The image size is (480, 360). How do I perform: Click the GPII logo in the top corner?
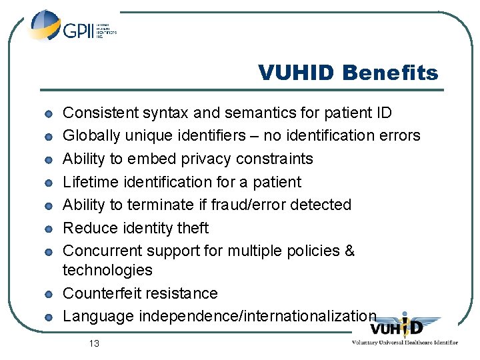(x=72, y=28)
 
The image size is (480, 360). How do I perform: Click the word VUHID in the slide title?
(x=297, y=73)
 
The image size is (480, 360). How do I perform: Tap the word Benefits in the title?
(x=390, y=73)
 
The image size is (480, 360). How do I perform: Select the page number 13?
(x=93, y=343)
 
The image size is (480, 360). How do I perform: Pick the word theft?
(x=193, y=227)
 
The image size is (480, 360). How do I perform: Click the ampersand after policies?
(x=349, y=251)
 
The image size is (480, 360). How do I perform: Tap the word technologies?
(x=107, y=270)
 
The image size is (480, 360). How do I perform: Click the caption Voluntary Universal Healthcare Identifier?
(x=405, y=342)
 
